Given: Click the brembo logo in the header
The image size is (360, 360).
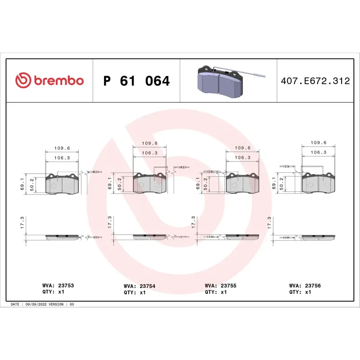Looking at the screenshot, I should (x=49, y=81).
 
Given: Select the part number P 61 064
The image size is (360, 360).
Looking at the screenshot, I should (x=136, y=81).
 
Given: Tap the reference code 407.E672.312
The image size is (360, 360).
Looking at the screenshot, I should (x=315, y=81).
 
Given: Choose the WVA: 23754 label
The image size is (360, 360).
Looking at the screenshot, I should (x=139, y=286).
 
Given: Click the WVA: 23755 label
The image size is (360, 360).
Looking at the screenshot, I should (x=220, y=285).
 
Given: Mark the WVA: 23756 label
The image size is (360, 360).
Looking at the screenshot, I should (x=305, y=285).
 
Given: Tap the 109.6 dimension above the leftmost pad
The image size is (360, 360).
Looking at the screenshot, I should (x=62, y=148).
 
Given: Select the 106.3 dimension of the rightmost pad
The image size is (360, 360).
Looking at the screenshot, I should (x=319, y=153).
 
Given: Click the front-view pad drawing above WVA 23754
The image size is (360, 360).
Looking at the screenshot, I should (x=150, y=183).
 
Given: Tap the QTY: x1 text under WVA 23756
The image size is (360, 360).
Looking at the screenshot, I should (x=301, y=292).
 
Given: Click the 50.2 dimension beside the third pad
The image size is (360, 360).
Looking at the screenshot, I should (x=206, y=184).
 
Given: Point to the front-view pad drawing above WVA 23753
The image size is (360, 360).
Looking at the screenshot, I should (x=63, y=184).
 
